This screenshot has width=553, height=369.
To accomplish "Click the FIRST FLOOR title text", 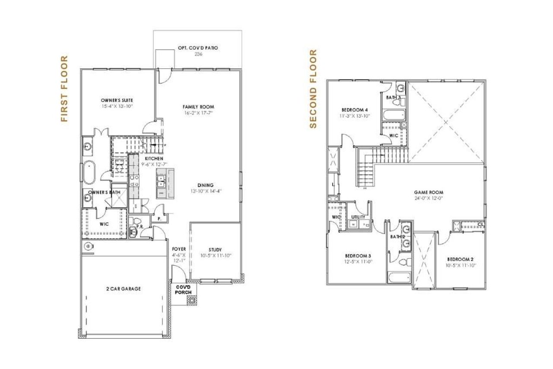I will pos(64,89).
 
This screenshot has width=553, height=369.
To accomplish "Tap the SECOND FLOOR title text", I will pos(313,89).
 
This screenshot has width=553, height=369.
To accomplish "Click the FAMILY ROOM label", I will pos(198,106).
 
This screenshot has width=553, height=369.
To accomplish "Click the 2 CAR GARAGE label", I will pos(123,289).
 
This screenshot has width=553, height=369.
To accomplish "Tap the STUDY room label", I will pos(215,250).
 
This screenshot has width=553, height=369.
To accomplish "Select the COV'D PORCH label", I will pos(183,289).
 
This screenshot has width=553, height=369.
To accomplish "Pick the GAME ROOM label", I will pos(429,193).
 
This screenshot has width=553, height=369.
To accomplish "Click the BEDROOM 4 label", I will pos(354,110).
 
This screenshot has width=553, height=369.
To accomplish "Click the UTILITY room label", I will pos(358,217).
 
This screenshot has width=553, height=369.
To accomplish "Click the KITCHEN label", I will pos(154,159).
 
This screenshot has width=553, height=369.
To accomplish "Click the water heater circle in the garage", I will pos(88,246).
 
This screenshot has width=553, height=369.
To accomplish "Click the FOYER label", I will pos(179,249).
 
